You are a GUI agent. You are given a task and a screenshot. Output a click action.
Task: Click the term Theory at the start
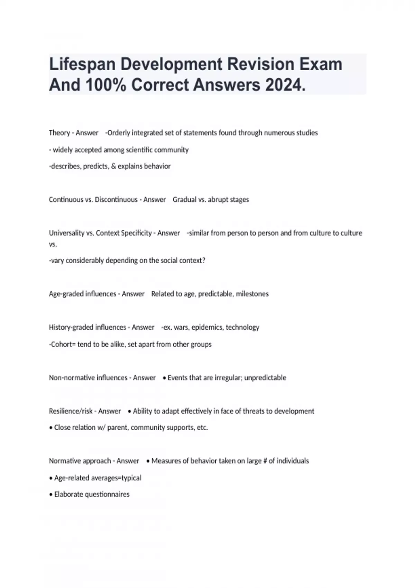click(59, 133)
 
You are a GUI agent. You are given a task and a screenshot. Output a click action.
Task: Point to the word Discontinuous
click(116, 200)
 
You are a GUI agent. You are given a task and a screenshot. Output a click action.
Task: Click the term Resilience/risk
click(71, 411)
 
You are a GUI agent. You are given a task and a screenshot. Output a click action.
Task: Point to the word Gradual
click(184, 200)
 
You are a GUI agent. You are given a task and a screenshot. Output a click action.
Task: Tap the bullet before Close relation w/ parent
click(51, 428)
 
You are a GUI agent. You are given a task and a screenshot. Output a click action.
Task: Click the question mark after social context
click(203, 260)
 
